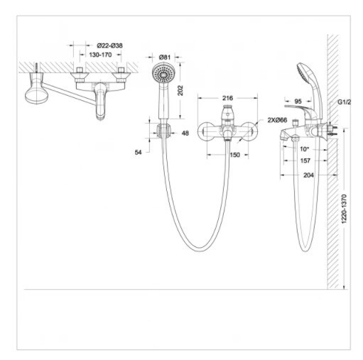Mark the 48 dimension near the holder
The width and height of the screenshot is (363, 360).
(185, 133)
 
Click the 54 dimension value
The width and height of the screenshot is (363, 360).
(140, 152)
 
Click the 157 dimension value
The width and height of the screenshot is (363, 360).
(305, 160)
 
